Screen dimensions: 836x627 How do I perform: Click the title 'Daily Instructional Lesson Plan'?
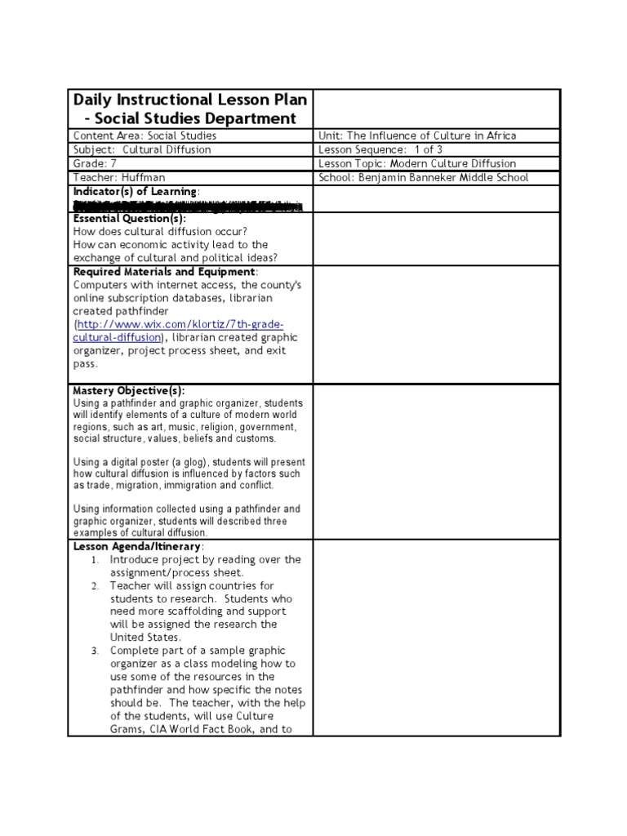[x=190, y=100]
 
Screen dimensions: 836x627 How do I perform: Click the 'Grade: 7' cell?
[x=96, y=163]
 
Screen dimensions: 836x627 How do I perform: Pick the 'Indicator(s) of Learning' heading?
[x=136, y=191]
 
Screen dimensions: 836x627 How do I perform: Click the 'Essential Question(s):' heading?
[x=130, y=219]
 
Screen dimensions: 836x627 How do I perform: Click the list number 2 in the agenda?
[x=96, y=586]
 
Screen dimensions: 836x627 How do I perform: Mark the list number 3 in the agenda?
[x=96, y=651]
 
